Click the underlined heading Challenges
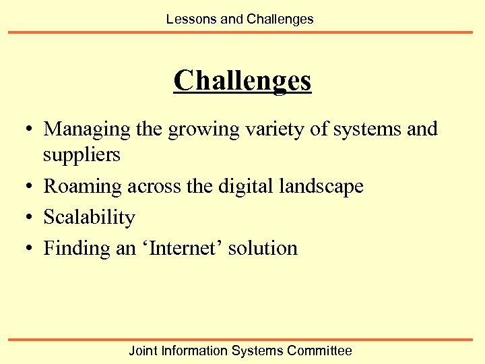point(243,81)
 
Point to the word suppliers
point(82,155)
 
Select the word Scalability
point(89,217)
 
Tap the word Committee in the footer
point(319,351)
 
